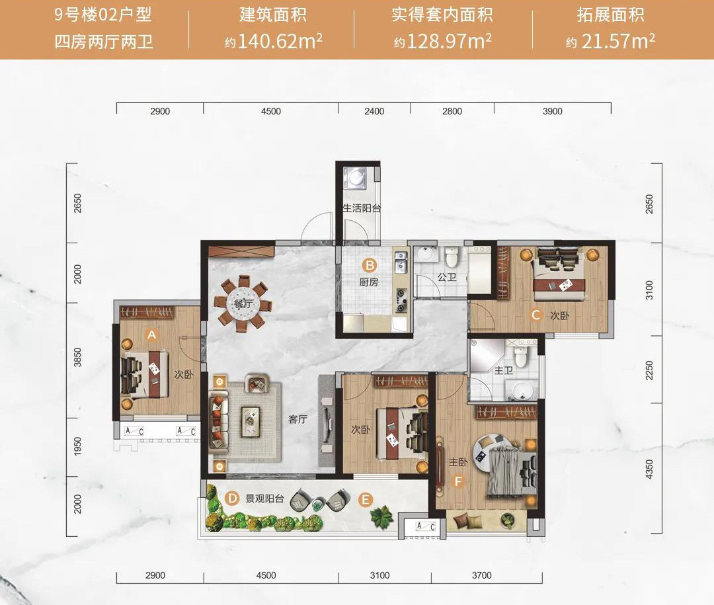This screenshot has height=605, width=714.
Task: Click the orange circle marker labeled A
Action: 151,335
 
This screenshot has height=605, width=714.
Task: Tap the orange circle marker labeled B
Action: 370,265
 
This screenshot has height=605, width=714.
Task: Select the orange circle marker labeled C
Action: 536,315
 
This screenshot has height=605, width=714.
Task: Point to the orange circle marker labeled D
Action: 232,499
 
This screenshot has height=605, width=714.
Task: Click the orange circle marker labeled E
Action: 365,501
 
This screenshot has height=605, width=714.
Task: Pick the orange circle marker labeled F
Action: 458,481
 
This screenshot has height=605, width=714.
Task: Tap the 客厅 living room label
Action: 297,419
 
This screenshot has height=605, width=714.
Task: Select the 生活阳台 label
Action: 362,209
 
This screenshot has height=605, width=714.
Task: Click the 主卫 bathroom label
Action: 504,370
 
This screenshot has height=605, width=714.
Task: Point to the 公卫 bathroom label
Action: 447,277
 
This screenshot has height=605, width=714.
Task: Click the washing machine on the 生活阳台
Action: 358,178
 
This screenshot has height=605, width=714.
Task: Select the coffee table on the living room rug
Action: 251,421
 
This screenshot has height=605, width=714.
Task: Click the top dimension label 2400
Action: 374,111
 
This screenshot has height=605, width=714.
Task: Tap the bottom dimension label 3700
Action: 482,575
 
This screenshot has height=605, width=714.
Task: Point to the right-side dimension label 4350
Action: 649,469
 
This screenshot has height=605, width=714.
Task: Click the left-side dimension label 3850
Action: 77,357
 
